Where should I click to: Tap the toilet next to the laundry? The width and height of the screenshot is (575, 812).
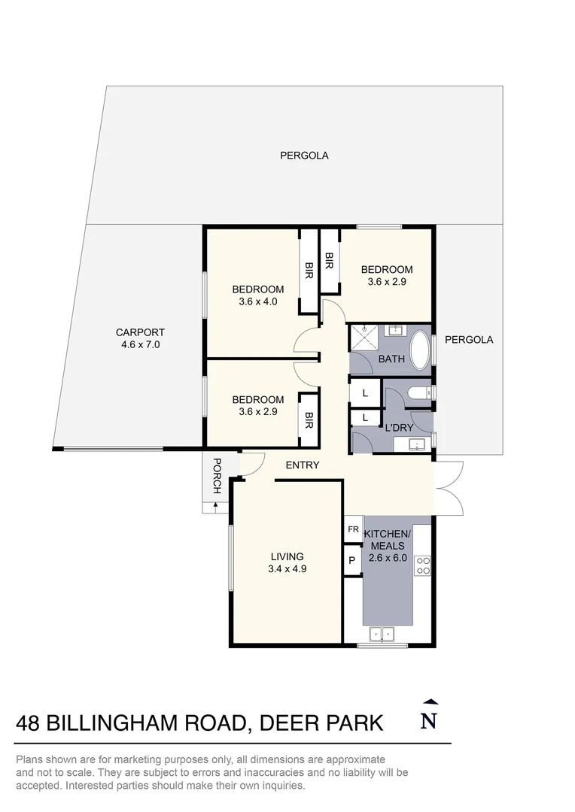(418, 392)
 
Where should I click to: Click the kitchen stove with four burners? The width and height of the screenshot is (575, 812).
(423, 565)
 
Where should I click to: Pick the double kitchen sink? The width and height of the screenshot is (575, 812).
(382, 635)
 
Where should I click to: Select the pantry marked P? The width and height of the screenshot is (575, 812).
(351, 560)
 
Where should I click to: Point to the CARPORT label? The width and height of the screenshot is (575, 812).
(140, 332)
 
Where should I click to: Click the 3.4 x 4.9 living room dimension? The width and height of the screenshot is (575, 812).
(287, 569)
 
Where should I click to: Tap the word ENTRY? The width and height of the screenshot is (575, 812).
(303, 465)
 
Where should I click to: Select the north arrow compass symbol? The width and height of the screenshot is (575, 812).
(429, 715)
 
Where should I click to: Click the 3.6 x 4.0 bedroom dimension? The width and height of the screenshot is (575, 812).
(257, 301)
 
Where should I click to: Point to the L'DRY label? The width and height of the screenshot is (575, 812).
(398, 428)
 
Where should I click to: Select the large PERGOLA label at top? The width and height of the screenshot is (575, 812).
(304, 156)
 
